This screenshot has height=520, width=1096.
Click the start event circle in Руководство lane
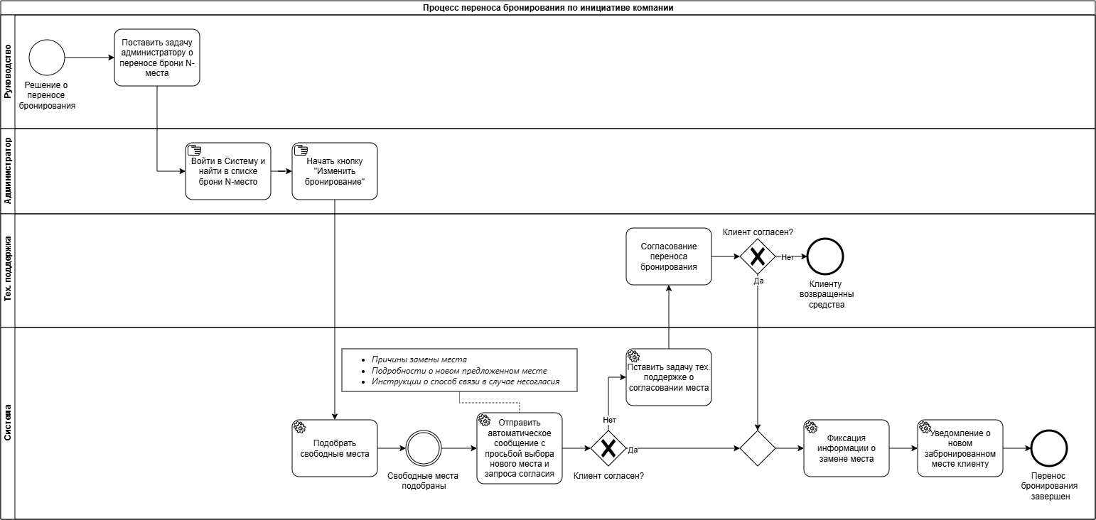[x=47, y=58]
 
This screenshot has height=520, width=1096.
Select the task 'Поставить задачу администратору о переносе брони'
[x=157, y=58]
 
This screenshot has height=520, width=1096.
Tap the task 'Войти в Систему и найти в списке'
[x=228, y=171]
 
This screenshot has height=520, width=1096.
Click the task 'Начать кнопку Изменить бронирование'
[x=335, y=171]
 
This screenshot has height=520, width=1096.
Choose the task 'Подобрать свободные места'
[x=335, y=448]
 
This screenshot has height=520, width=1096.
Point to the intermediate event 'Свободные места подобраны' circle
[x=424, y=448]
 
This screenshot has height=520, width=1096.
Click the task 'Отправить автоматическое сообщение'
[x=520, y=448]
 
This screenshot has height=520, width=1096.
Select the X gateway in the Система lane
[x=608, y=448]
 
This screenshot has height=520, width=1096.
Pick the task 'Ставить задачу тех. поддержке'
[x=669, y=377]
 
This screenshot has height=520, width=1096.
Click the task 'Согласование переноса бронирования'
[x=669, y=256]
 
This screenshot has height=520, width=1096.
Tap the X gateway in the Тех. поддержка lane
[x=758, y=256]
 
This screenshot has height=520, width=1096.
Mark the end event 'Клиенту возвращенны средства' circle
[x=825, y=256]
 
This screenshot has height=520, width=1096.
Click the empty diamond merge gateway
[x=758, y=448]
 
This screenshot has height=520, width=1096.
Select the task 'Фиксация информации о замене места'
[x=847, y=448]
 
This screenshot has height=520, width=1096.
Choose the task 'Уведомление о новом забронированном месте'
[x=960, y=448]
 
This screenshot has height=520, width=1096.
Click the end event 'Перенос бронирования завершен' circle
[x=1049, y=448]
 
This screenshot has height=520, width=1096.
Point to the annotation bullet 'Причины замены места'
[x=419, y=359]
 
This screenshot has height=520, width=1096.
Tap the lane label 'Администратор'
[x=8, y=170]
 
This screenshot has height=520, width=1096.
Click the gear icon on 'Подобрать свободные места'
[x=299, y=427]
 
